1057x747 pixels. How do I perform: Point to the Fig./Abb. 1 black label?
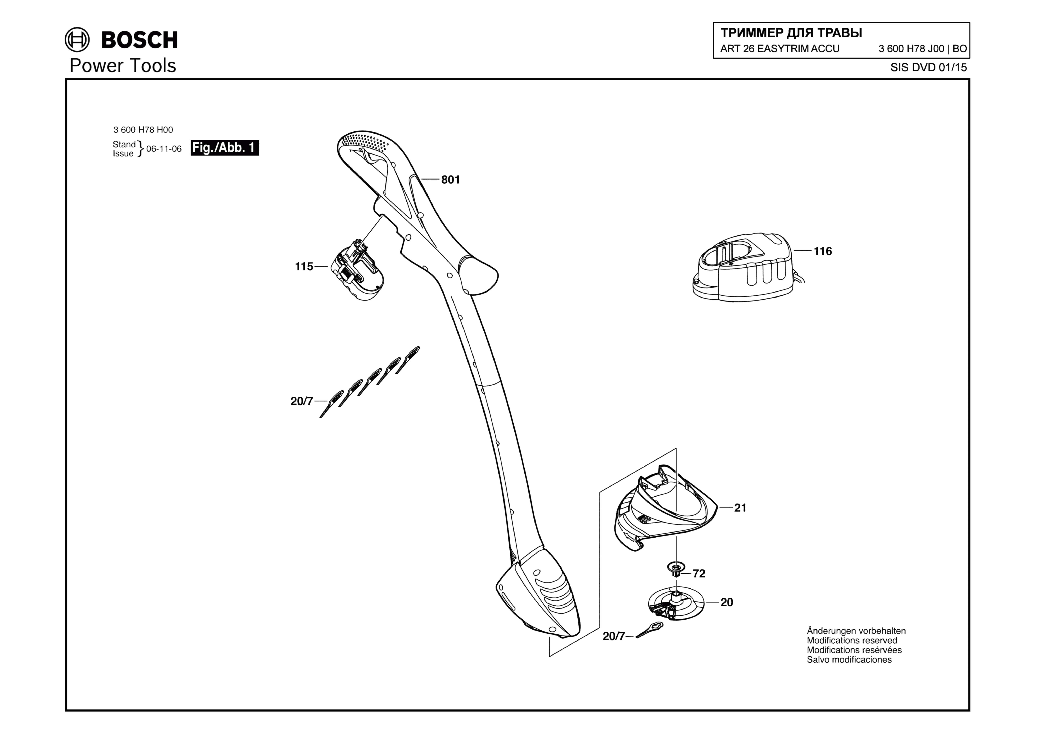pos(225,148)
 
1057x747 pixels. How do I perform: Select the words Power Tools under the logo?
pos(123,66)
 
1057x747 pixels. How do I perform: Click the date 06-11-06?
pos(164,149)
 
